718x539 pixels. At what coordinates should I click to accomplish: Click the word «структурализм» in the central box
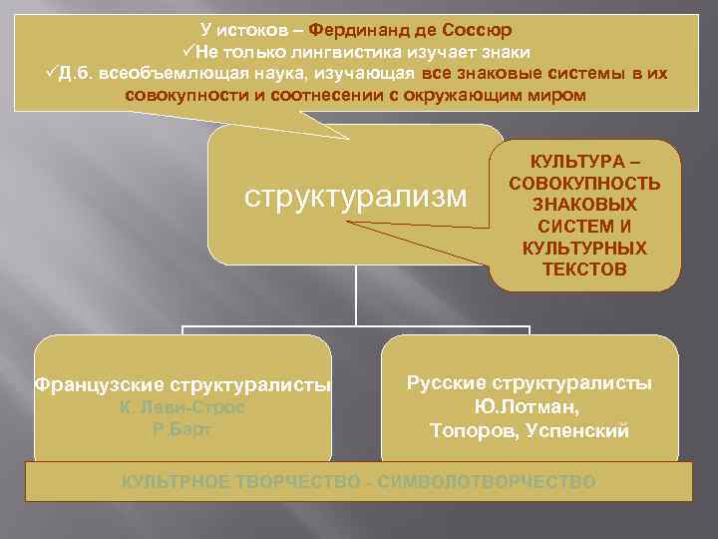click(356, 195)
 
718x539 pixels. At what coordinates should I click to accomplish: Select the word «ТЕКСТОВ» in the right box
click(584, 269)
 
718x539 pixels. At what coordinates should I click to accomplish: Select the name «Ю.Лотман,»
click(530, 407)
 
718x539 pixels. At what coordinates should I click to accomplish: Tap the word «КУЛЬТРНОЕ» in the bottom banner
click(176, 482)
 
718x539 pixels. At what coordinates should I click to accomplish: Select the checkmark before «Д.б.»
click(52, 73)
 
